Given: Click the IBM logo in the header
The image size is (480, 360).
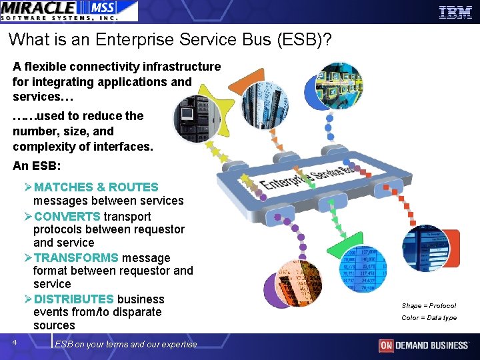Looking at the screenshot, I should coord(455,11).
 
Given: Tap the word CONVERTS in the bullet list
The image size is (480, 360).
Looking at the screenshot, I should coord(67,217).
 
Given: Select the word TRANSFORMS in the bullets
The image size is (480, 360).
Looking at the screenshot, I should coord(76,258).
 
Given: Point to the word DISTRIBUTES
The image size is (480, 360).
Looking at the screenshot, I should coord(74,299).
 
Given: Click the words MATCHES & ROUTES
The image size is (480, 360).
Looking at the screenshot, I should coord(96,187).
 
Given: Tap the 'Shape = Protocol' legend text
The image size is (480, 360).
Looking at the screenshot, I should coord(429,305).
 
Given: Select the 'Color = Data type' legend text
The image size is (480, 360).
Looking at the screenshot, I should coord(429,318).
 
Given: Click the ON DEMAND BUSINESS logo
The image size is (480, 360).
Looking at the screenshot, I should coord(423,345).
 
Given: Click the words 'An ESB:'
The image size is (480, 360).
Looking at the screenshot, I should coord(37,167).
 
